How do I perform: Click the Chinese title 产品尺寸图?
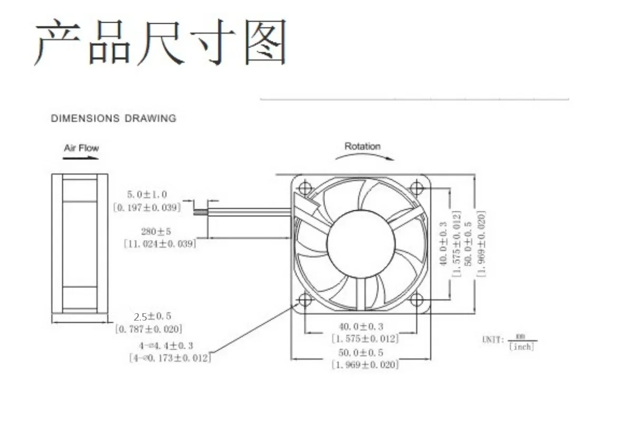160,42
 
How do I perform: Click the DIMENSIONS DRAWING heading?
113,119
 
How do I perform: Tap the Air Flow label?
81,148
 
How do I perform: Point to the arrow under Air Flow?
81,157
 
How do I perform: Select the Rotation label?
362,146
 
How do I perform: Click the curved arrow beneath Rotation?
364,156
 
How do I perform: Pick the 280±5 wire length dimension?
156,231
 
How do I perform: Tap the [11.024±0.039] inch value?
160,244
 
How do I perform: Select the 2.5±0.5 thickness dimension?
152,317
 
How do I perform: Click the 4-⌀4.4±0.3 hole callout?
166,346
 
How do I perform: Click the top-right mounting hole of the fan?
417,188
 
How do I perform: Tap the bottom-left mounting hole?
305,300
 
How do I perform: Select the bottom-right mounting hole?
417,300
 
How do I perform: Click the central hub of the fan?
361,244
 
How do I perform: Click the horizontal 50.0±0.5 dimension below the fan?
361,353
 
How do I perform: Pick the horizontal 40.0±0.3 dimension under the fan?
361,327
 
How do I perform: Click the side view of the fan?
80,243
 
